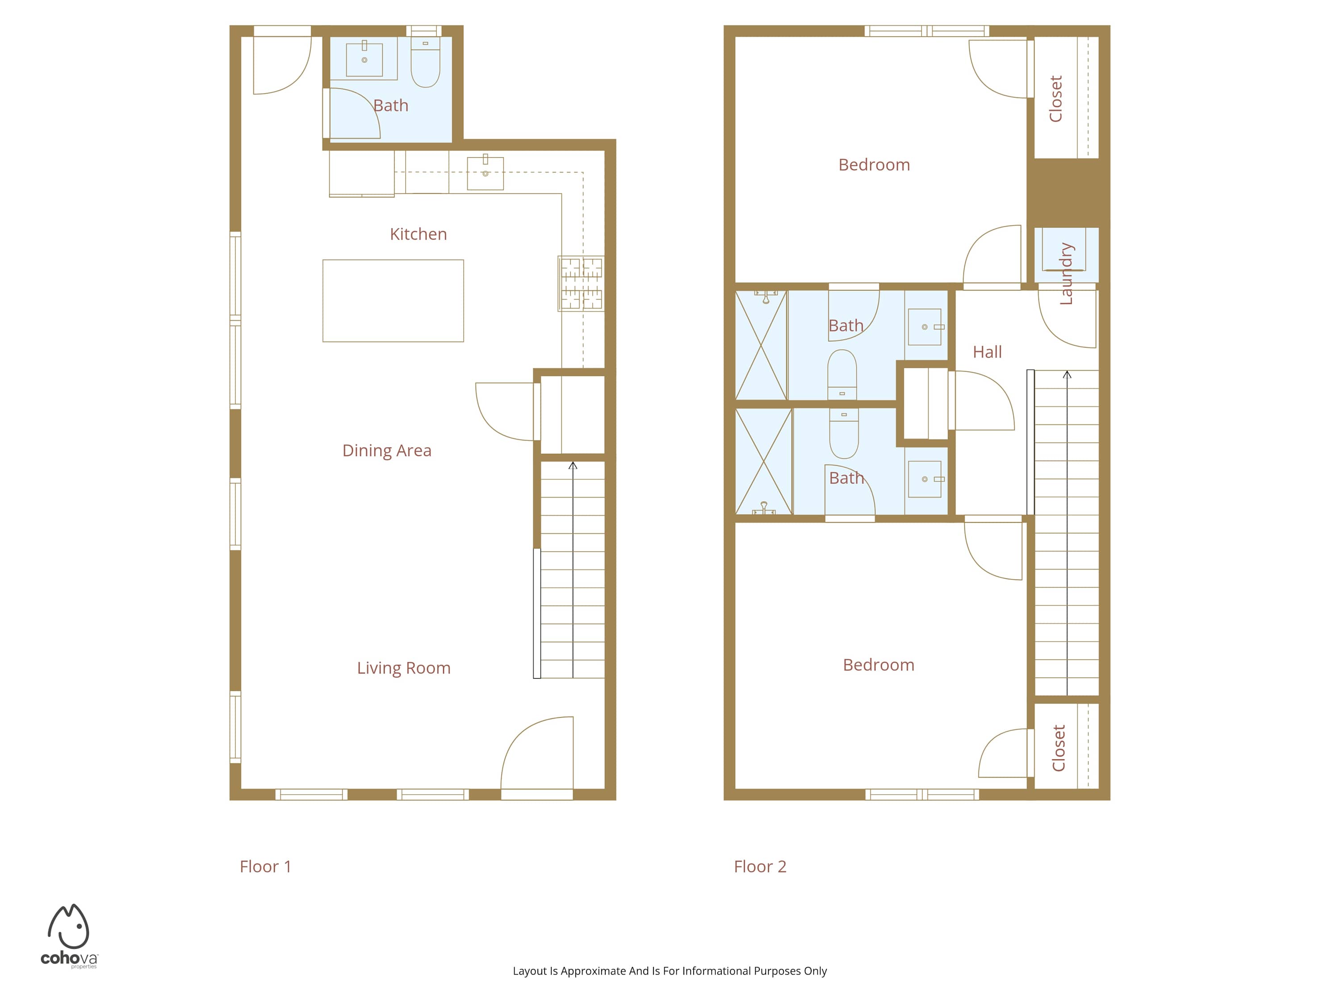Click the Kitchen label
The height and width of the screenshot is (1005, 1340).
pos(418,234)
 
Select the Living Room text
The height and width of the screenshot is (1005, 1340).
pos(403,668)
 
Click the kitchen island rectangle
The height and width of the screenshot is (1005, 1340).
pos(393,301)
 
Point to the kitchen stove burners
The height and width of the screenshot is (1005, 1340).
pos(581,284)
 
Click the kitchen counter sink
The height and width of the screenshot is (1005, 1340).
pos(485,173)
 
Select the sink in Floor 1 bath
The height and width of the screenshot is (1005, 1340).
pos(364,59)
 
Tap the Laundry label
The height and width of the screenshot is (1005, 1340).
pos(1066,274)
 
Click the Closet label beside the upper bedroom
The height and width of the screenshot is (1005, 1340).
pos(1056,99)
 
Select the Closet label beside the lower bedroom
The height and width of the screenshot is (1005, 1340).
pos(1058,748)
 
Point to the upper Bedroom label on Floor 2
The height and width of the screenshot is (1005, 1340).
pos(874,165)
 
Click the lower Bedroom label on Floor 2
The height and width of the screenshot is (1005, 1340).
pos(879,665)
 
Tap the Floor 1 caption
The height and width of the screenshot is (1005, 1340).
pos(265,867)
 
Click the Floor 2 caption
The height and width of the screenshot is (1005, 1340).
pos(760,867)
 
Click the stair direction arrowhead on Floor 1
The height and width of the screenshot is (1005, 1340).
pos(573,465)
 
